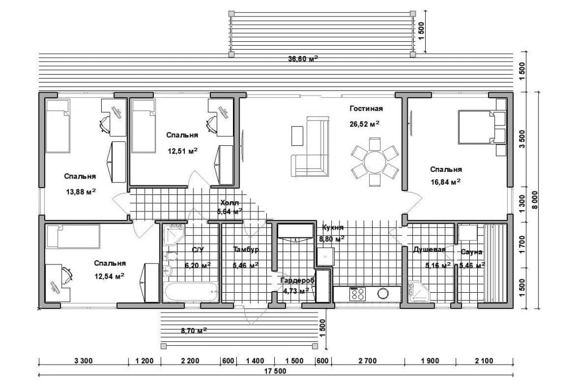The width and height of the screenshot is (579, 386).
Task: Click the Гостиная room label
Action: [x=366, y=109]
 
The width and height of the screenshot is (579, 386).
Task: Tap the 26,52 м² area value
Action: [x=365, y=124]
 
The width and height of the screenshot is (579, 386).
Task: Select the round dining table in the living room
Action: [x=375, y=162]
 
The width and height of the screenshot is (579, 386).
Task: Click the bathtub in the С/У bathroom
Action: [x=191, y=292]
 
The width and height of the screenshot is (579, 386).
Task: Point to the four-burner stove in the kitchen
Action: [x=357, y=293]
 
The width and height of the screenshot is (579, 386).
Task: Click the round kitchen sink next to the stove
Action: [x=383, y=293]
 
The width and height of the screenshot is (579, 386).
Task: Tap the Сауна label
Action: [x=472, y=252]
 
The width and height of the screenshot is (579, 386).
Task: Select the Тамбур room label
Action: [x=246, y=249]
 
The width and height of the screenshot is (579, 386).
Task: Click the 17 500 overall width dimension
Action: [x=275, y=371]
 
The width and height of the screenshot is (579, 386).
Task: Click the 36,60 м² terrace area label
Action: [x=303, y=59]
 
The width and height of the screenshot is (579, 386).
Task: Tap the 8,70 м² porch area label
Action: [x=194, y=331]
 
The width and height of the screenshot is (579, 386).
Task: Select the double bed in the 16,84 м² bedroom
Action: [x=476, y=127]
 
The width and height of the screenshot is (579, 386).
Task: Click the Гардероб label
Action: [x=297, y=281]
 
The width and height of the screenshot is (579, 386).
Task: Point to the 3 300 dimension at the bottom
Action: [x=84, y=361]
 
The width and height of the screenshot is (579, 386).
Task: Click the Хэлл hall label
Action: [x=230, y=202]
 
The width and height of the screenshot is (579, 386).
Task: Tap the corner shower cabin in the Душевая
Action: [x=419, y=292]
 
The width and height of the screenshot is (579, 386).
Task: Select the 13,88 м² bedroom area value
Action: [x=81, y=192]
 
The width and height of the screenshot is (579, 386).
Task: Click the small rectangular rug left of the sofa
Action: [x=297, y=136]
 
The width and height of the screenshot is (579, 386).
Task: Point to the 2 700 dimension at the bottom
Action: [x=368, y=361]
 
